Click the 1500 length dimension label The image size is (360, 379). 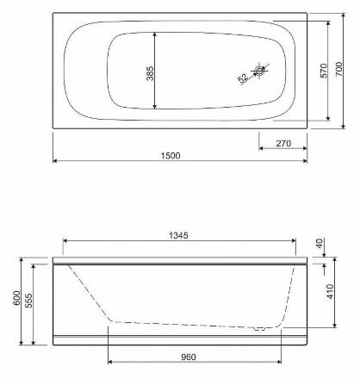(x=171, y=156)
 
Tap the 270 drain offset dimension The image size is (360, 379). (x=283, y=143)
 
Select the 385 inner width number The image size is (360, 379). (x=150, y=73)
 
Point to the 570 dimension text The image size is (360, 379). (x=323, y=71)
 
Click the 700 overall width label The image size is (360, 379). (x=338, y=69)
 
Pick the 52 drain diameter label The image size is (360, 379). (x=243, y=78)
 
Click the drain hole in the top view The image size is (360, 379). (x=259, y=71)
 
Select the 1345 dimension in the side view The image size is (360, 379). (x=178, y=235)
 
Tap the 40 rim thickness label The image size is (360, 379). (x=320, y=244)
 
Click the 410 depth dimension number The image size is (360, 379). (x=330, y=291)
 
